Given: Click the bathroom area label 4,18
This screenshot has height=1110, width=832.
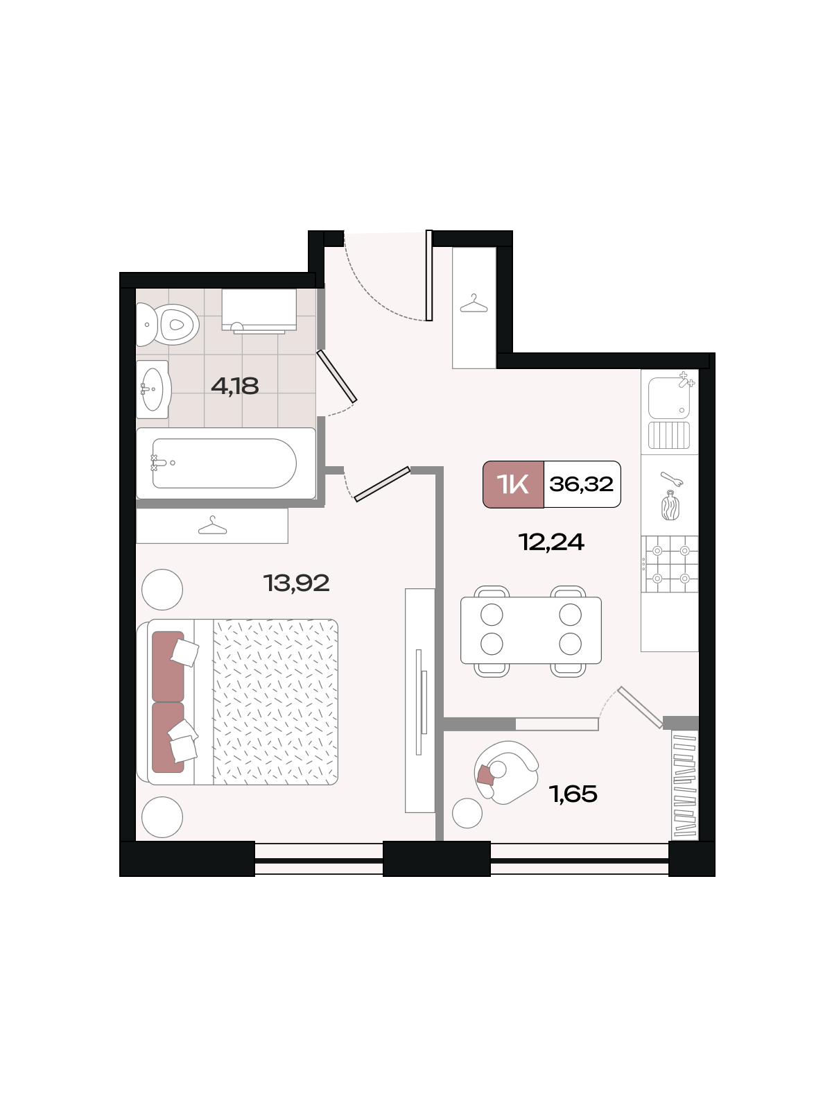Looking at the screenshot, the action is click(235, 386).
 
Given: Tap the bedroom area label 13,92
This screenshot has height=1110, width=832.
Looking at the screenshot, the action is click(297, 583).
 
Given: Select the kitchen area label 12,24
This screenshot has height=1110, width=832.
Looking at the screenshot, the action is click(551, 542).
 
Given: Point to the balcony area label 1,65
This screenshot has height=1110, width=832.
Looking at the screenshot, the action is click(573, 794).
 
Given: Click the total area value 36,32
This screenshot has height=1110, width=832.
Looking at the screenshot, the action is click(582, 484).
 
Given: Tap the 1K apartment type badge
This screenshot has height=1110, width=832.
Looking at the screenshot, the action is click(513, 484).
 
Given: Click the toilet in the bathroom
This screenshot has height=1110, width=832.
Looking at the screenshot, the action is click(168, 324).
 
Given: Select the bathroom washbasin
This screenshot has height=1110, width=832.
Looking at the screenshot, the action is click(153, 389).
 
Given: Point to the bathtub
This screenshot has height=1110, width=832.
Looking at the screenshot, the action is click(225, 463).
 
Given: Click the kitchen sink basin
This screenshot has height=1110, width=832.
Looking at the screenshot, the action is click(669, 398).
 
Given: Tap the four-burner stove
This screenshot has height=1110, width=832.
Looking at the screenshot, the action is click(670, 564).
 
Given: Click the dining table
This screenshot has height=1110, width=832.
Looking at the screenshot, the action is click(531, 630).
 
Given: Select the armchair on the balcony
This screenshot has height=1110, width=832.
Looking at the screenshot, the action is click(506, 772).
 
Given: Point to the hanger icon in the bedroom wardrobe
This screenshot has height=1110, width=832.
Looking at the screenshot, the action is click(212, 525).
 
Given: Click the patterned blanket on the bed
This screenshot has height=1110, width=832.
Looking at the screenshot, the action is click(275, 702).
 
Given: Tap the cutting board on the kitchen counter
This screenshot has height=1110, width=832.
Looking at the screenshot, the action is click(670, 506).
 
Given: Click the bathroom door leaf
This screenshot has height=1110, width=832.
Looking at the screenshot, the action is click(337, 376).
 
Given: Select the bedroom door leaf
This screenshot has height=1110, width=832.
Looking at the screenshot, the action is click(382, 484).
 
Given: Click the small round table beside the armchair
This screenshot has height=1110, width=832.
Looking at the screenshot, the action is click(467, 813).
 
